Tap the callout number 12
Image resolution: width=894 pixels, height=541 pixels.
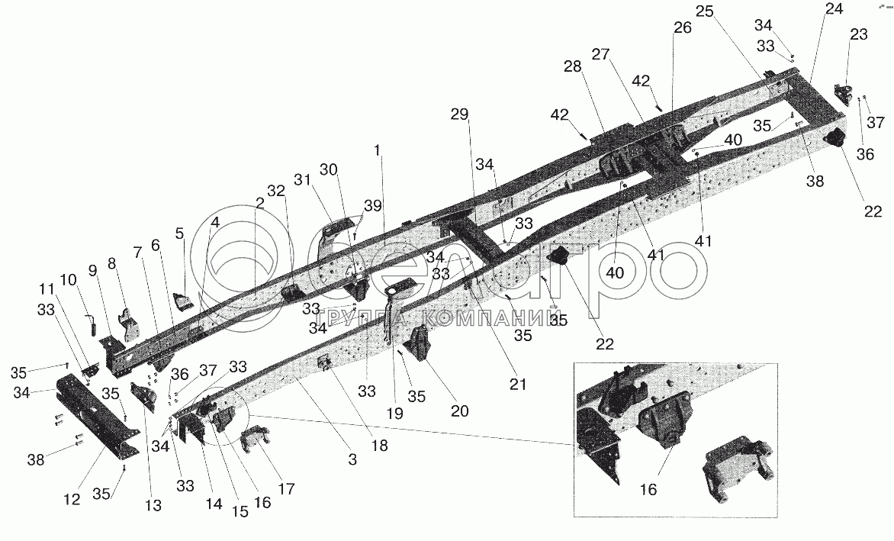(x=72, y=499)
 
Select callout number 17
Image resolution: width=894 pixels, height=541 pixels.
(x=286, y=488)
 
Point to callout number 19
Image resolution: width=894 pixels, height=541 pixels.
(x=394, y=413)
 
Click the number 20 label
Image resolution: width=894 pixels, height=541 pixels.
(x=459, y=411)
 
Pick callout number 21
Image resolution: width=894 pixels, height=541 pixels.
(x=518, y=385)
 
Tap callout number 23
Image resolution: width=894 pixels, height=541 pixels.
(x=858, y=34)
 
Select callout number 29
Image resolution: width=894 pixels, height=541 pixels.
(x=459, y=114)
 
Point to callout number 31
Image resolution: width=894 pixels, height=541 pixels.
(x=304, y=180)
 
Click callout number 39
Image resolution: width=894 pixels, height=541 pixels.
(x=373, y=206)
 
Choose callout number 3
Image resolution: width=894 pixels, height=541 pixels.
(x=352, y=458)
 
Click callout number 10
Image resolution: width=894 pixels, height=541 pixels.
(x=68, y=280)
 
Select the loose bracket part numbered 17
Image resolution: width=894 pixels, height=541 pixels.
(x=256, y=441)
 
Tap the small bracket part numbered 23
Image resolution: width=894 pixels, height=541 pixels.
(x=843, y=93)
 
